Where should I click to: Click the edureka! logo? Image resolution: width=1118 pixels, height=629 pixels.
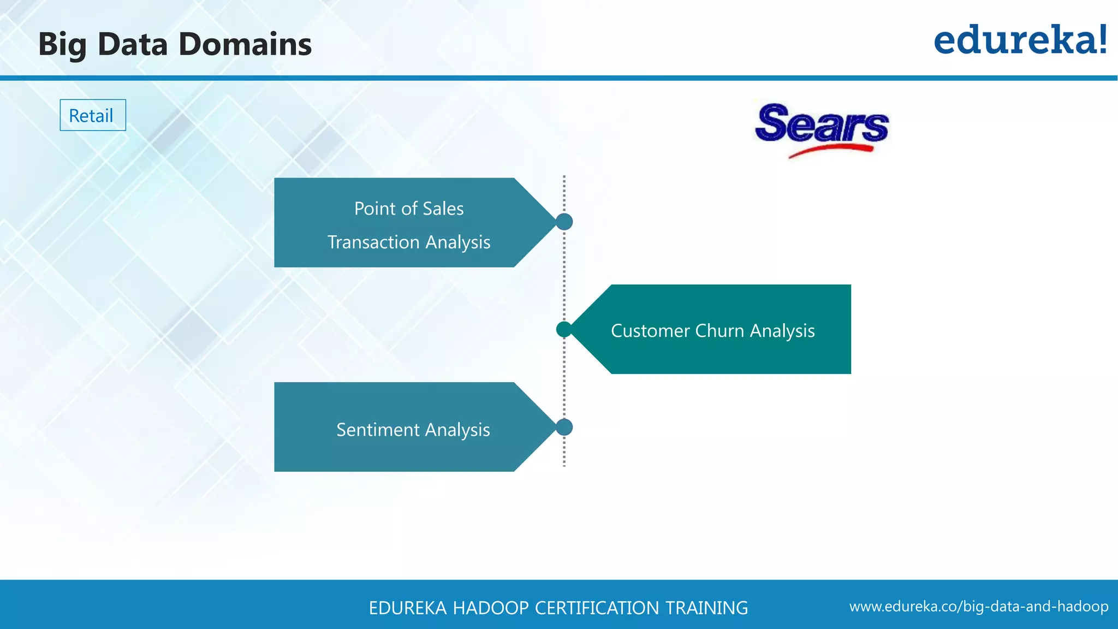click(1020, 40)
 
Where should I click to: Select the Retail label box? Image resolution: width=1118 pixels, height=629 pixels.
click(92, 115)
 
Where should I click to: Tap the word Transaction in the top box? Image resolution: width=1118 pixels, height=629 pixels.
click(373, 242)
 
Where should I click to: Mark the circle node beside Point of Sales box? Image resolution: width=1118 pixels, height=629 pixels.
click(564, 222)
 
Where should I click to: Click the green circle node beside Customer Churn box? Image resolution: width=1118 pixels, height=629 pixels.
click(564, 329)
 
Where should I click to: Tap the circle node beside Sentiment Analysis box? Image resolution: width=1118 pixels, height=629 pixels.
click(564, 427)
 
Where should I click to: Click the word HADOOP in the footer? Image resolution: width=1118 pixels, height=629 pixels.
click(490, 608)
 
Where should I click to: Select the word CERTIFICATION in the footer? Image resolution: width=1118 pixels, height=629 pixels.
click(597, 608)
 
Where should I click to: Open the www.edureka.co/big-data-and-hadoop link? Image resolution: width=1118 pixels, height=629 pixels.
click(978, 607)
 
